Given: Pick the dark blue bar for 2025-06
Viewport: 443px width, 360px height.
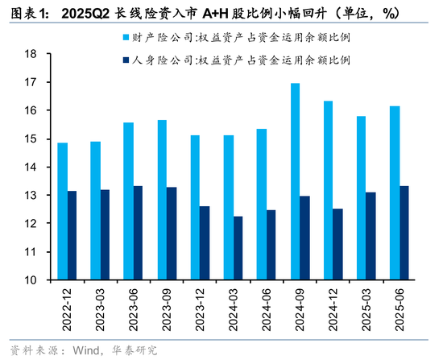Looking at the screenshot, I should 404,233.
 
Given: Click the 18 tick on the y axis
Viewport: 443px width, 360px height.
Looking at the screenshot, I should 32,54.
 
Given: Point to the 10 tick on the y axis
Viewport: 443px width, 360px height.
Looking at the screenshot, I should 32,280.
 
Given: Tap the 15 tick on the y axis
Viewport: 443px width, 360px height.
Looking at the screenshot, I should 32,139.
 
